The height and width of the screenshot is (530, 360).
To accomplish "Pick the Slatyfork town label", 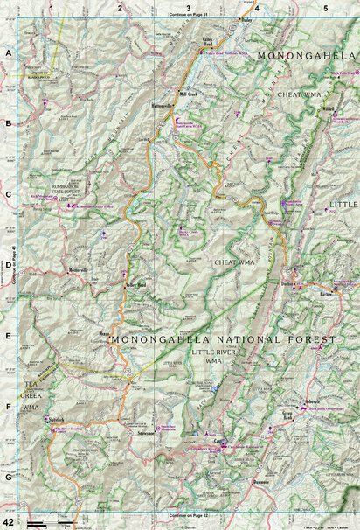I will [59, 420].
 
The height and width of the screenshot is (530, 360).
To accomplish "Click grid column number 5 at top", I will [325, 8].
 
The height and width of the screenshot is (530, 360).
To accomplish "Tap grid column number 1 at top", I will [52, 8].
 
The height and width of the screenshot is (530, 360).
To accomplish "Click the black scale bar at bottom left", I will [61, 521].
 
